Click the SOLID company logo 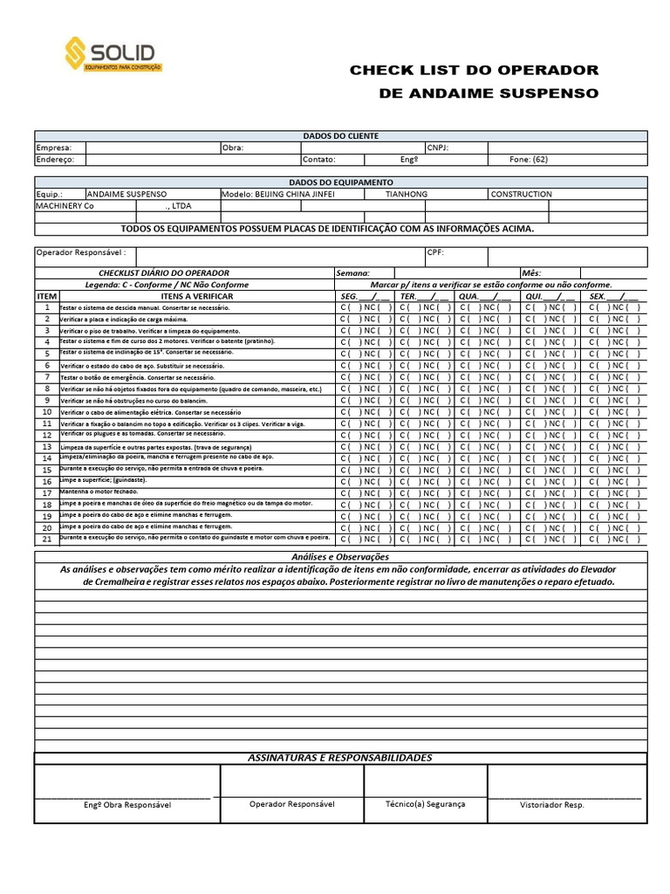(x=113, y=53)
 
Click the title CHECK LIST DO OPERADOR (x=474, y=71)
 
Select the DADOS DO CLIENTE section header (x=340, y=136)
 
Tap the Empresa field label (x=54, y=148)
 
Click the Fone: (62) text (x=529, y=160)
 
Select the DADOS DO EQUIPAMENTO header (x=340, y=182)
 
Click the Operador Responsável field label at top (x=80, y=252)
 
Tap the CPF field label (x=436, y=252)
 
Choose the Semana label (x=353, y=273)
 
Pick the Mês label (x=532, y=273)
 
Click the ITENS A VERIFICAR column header (x=197, y=296)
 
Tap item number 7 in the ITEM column (x=46, y=377)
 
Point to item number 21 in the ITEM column (x=46, y=539)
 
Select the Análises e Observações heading (x=340, y=557)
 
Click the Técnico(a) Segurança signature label (x=426, y=804)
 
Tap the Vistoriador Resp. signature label (x=551, y=805)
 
